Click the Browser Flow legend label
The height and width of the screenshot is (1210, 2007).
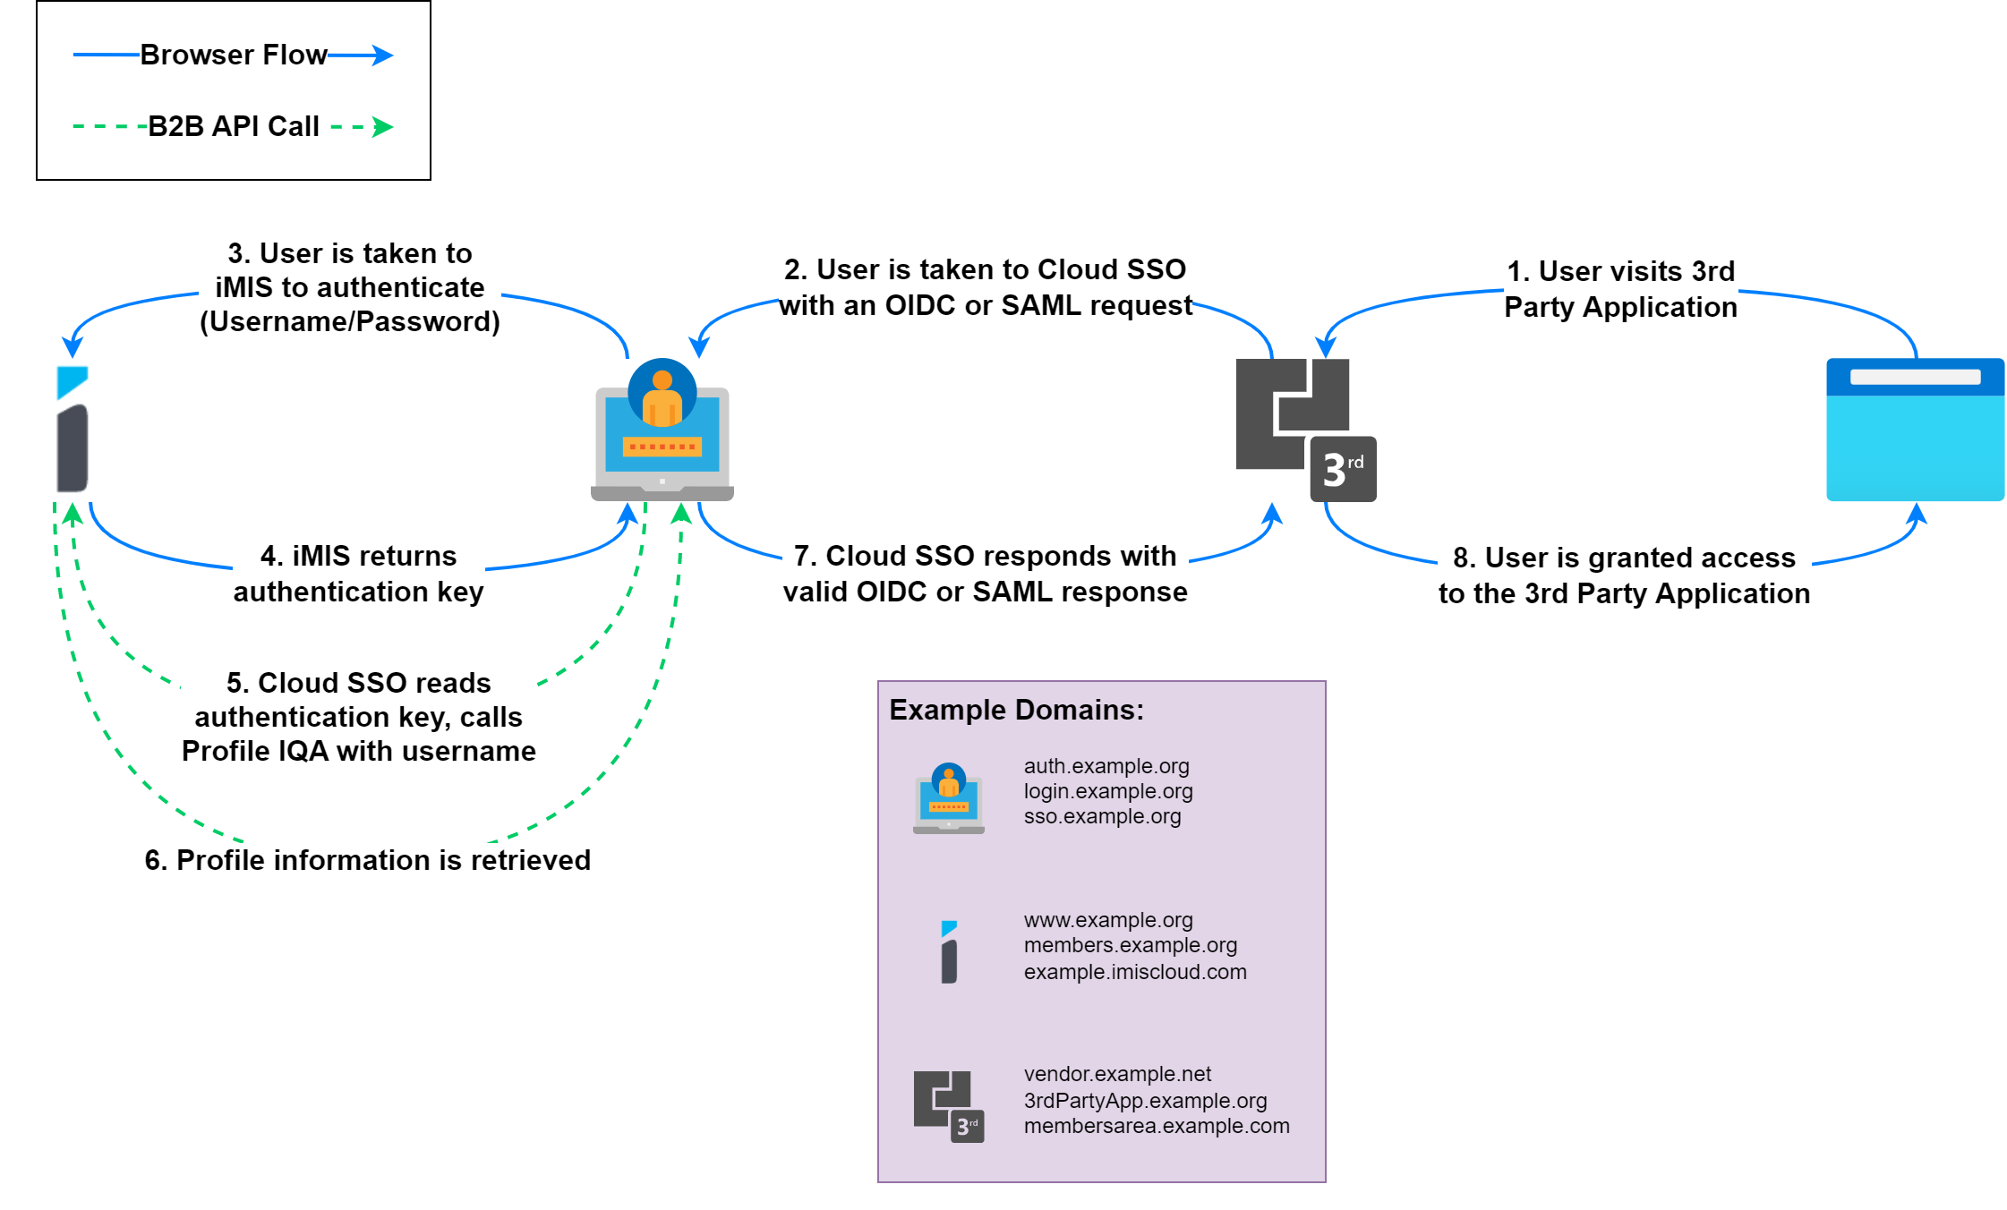tap(234, 55)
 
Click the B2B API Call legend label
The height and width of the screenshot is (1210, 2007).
tap(234, 127)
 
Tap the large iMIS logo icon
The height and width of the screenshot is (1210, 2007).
tap(73, 430)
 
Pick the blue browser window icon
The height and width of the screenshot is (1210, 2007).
tap(1915, 430)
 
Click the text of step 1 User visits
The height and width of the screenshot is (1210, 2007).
tap(1620, 288)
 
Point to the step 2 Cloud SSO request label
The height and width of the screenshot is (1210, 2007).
tap(985, 287)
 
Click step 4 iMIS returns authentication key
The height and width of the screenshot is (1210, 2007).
tap(358, 574)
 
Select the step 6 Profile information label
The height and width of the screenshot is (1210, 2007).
tap(367, 860)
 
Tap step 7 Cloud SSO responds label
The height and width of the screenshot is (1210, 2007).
tap(985, 574)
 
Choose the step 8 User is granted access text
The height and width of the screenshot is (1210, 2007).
tap(1624, 575)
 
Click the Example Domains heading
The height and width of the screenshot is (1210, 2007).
tap(1016, 710)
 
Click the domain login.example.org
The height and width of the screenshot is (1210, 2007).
tap(1108, 791)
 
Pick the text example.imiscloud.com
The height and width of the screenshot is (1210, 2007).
tap(1135, 972)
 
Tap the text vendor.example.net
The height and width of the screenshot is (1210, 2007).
tap(1117, 1074)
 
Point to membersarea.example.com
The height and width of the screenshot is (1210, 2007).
tap(1157, 1126)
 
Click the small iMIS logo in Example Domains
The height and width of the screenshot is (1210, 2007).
tap(949, 952)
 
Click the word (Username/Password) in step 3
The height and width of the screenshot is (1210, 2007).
tap(349, 321)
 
